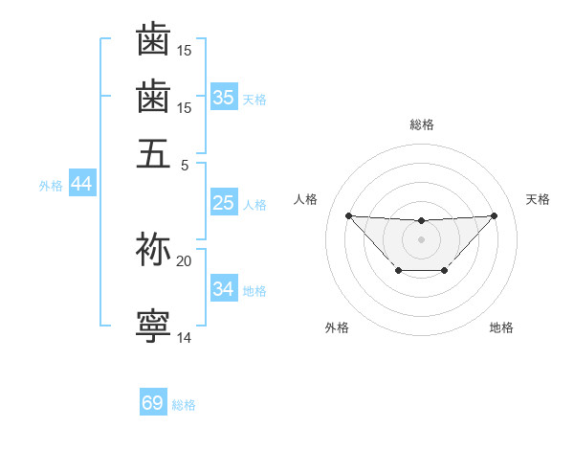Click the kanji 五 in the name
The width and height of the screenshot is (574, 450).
click(x=153, y=152)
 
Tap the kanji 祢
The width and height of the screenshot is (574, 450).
click(x=153, y=248)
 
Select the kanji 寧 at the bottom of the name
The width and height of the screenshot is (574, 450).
click(x=153, y=326)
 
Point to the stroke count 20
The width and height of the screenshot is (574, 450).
click(x=184, y=260)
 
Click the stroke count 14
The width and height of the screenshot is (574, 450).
click(x=184, y=338)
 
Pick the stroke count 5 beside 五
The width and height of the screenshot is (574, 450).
click(x=186, y=164)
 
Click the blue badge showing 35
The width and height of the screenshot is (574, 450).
click(x=224, y=98)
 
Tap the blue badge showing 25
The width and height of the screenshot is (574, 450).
click(x=224, y=203)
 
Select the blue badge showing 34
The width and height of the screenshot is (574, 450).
click(x=224, y=289)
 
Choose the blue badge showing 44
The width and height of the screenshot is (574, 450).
click(x=81, y=184)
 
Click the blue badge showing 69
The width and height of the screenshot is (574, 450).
click(x=153, y=403)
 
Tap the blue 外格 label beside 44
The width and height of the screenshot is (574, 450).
click(x=51, y=186)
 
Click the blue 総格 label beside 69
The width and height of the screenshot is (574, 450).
click(x=184, y=405)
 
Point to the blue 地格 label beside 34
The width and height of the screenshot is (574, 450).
click(x=255, y=291)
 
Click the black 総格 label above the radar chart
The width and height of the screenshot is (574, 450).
click(x=422, y=124)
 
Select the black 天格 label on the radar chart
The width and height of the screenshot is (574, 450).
click(x=539, y=199)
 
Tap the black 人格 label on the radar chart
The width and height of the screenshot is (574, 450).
click(x=306, y=199)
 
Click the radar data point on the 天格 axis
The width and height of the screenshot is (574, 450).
click(x=494, y=215)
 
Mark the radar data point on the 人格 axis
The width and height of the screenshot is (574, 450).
click(x=348, y=215)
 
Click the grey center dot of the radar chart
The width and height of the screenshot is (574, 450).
click(x=421, y=238)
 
